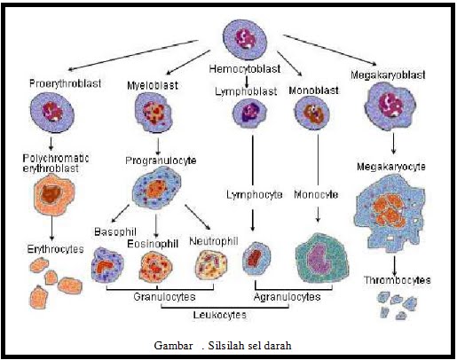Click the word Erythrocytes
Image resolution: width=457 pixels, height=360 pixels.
pos(51,251)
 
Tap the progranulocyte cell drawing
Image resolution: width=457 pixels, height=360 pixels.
pos(156,187)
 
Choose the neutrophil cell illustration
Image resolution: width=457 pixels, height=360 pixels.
pos(213,265)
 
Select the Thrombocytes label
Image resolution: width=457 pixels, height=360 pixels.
pos(397,280)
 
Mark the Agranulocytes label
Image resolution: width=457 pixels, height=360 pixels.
pos(287,298)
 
